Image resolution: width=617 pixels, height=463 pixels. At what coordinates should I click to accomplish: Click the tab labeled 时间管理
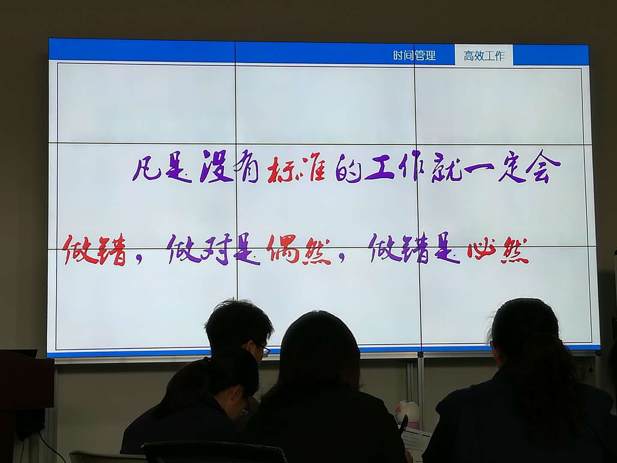click(x=414, y=55)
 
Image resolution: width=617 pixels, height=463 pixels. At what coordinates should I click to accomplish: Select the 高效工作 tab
click(x=484, y=56)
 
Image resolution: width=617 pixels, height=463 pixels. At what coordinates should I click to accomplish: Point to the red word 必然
click(x=497, y=250)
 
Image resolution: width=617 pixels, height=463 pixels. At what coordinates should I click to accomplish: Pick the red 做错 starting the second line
click(x=95, y=250)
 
